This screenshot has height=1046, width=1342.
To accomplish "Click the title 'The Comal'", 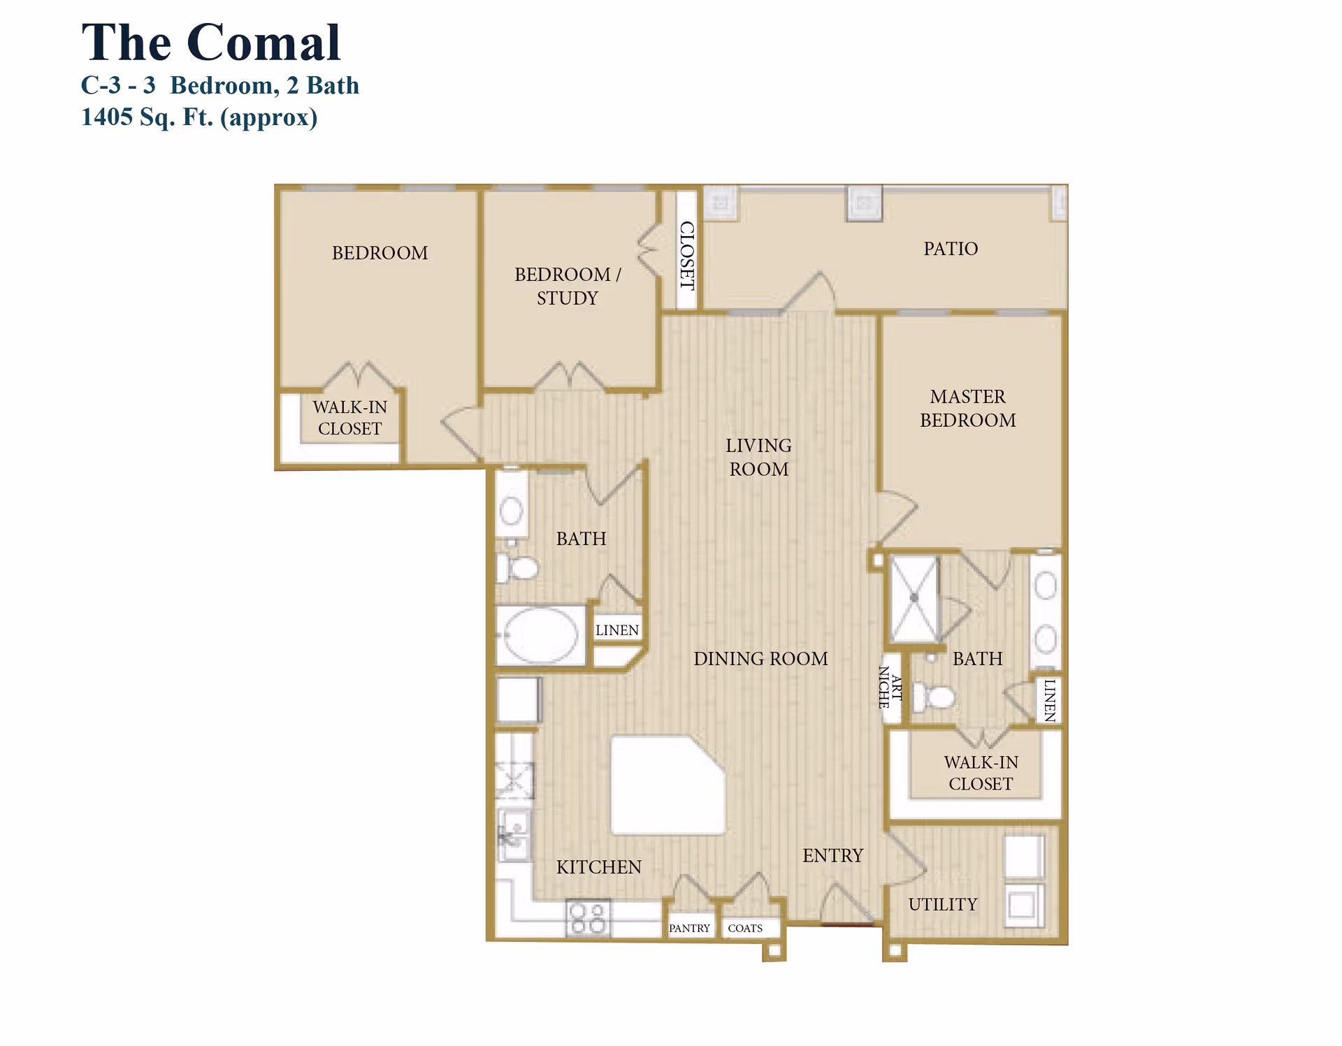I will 210,43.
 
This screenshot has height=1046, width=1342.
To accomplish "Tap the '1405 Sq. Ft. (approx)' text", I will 199,117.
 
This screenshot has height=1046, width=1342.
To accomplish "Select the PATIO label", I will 951,249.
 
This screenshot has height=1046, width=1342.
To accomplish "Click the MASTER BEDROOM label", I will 967,409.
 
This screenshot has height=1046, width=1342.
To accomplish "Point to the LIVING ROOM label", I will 758,458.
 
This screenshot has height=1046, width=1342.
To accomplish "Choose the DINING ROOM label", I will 760,659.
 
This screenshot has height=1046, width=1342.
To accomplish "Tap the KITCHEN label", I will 598,867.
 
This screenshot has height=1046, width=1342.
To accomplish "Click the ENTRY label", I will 832,855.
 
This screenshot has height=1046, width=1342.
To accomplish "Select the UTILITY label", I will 942,904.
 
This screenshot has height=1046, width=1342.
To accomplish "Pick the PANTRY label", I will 689,929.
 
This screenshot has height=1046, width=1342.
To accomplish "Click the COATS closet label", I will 745,929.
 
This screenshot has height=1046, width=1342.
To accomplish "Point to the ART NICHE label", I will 890,688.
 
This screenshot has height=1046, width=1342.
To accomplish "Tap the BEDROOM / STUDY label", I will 567,286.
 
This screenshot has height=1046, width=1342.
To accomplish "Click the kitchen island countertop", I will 666,785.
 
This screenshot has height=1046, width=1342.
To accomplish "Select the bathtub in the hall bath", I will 540,635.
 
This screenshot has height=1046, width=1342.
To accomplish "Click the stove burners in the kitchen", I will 587,918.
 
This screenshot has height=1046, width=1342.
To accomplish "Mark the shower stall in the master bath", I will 914,598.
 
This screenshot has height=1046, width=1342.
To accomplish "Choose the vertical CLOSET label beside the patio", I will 687,255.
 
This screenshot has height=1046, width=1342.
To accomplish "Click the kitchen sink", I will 514,836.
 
